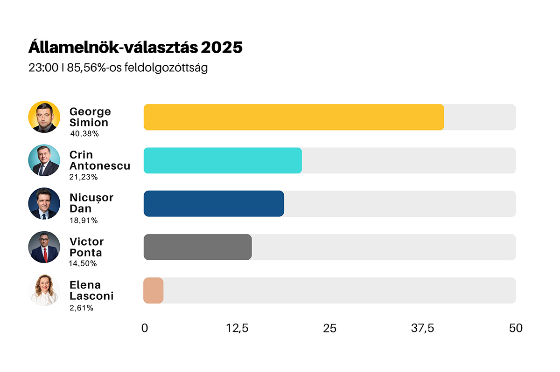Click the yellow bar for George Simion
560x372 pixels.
[x=294, y=117]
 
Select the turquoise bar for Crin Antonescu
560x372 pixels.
[x=223, y=160]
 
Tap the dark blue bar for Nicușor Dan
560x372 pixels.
[x=214, y=204]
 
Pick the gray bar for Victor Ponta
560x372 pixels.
[x=197, y=247]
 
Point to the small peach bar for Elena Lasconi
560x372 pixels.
[x=153, y=290]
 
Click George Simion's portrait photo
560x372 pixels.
[x=44, y=117]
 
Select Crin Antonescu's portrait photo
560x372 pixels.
[x=44, y=160]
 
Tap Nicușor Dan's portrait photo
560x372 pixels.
[x=44, y=204]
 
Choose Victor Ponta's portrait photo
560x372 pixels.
[x=44, y=247]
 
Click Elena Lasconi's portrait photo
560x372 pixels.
[x=44, y=290]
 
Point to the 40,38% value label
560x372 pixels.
[x=84, y=134]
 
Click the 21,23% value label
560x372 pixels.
[x=84, y=177]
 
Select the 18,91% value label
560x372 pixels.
[x=84, y=220]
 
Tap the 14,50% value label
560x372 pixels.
[x=83, y=264]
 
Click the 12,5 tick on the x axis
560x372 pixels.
[x=237, y=328]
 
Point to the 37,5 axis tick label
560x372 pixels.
[x=422, y=328]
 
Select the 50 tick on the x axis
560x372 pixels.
[x=516, y=328]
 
